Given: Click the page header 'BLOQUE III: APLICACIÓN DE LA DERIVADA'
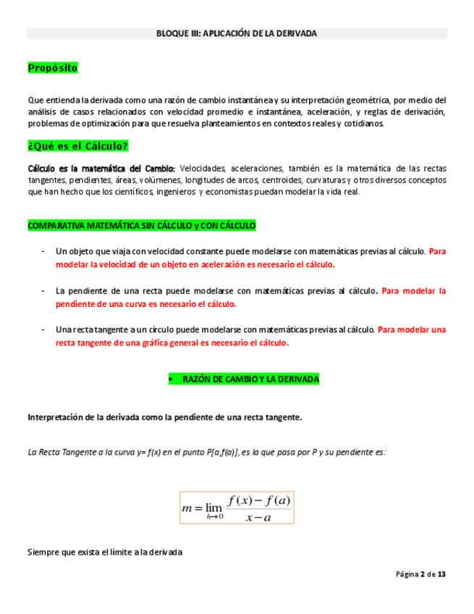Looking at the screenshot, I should [237, 34].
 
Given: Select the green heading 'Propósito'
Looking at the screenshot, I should [52, 68].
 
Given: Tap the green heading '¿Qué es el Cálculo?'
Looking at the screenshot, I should [77, 146].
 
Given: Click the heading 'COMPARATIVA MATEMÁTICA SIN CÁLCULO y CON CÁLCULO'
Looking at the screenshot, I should [142, 226].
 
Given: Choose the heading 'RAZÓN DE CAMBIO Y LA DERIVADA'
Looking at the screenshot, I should [250, 379].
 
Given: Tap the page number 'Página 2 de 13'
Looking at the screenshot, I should [420, 574].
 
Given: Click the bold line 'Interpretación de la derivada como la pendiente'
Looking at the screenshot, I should [164, 417].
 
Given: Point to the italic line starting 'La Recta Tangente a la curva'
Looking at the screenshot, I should [206, 452].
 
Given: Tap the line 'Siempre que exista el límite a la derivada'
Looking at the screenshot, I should [105, 552].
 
